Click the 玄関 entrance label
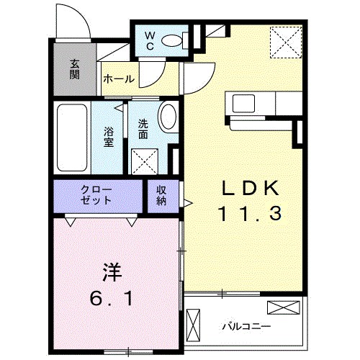75,70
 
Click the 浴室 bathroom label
109,137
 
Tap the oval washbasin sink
167,117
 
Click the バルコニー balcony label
246,326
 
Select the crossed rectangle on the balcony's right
282,308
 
